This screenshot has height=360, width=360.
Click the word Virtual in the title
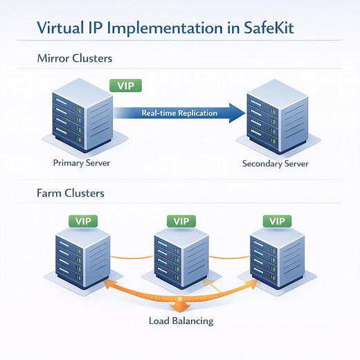(61, 29)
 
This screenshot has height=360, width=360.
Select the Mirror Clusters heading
(74, 59)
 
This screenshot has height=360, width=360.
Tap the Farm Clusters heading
(70, 192)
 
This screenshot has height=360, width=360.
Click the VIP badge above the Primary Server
(126, 86)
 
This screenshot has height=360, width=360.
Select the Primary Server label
(81, 163)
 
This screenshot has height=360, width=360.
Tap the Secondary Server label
(276, 164)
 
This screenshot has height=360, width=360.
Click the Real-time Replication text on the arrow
(179, 112)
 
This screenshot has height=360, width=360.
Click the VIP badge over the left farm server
(82, 221)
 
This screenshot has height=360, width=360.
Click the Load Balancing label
(181, 321)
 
